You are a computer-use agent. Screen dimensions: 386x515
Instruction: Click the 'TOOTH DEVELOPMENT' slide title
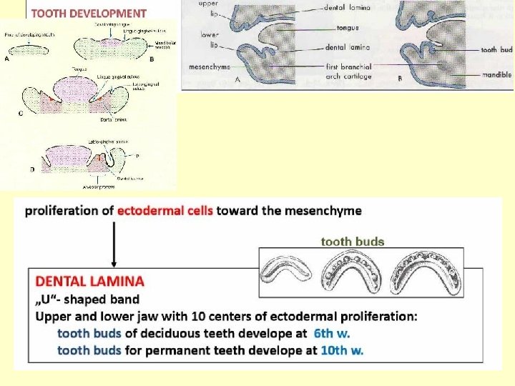click(x=89, y=13)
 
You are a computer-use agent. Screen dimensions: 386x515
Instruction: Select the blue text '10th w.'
click(x=341, y=350)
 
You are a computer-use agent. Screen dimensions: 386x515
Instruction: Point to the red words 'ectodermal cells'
click(x=165, y=211)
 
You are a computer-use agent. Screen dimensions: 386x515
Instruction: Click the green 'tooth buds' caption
click(x=352, y=242)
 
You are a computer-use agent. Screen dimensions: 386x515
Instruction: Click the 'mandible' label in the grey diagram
click(x=496, y=74)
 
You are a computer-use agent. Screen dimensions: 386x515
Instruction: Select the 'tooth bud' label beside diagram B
click(x=496, y=50)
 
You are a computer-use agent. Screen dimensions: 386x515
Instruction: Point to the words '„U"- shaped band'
click(x=87, y=299)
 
